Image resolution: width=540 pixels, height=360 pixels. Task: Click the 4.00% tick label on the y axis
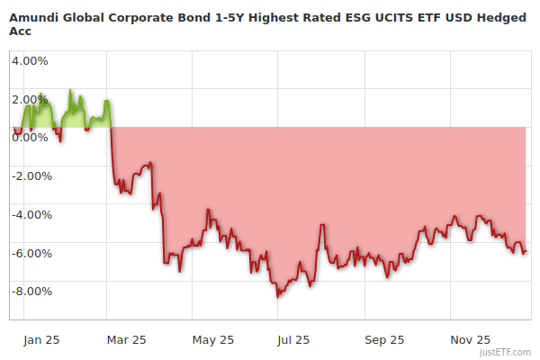tap(30, 61)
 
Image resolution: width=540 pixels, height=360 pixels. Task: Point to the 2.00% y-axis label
tap(30, 99)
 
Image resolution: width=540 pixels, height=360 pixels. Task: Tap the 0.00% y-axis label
tap(30, 138)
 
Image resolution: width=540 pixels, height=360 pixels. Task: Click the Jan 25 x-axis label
tap(40, 340)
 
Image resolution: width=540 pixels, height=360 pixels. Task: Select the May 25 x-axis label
tap(212, 340)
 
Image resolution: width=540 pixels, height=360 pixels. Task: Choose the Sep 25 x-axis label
tap(384, 340)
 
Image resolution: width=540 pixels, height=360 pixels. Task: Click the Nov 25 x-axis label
tap(470, 340)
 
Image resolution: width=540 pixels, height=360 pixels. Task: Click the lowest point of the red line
tap(278, 296)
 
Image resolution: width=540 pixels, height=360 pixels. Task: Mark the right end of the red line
tap(526, 252)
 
